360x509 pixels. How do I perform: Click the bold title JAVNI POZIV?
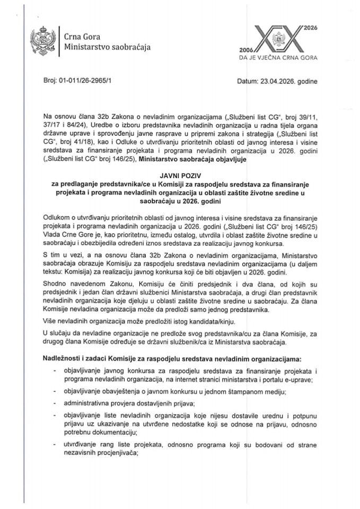click(179, 174)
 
